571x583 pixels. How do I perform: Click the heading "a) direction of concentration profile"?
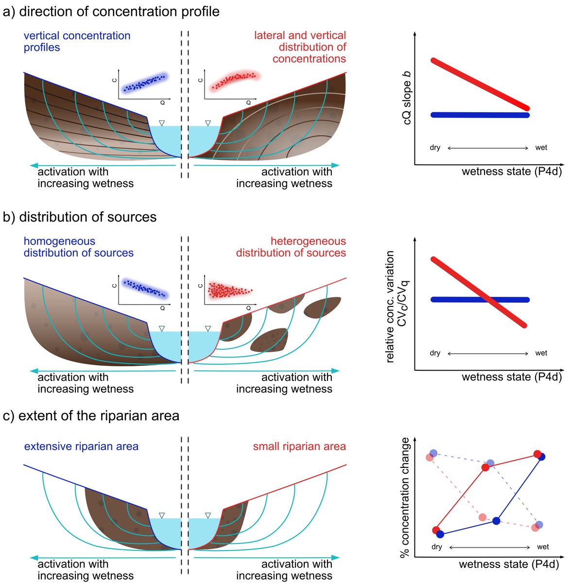tap(111, 12)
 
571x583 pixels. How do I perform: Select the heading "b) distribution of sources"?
tap(80, 217)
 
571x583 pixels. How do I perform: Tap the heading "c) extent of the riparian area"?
tap(91, 416)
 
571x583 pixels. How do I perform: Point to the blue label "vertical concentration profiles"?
tap(77, 41)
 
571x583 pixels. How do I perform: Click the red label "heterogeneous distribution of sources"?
tap(291, 247)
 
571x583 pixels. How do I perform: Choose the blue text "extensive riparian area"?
tap(81, 446)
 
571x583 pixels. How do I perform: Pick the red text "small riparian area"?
tap(299, 446)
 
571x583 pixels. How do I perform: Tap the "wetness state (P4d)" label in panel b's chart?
tap(511, 377)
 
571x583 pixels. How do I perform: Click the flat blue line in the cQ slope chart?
tap(480, 115)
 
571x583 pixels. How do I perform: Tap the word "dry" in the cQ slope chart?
tap(435, 148)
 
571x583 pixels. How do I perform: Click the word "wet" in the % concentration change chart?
tap(543, 547)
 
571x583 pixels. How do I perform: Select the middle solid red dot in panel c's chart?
tap(485, 467)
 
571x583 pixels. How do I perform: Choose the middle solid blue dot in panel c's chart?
tap(496, 521)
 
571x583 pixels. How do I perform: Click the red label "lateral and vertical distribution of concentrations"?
tap(300, 47)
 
